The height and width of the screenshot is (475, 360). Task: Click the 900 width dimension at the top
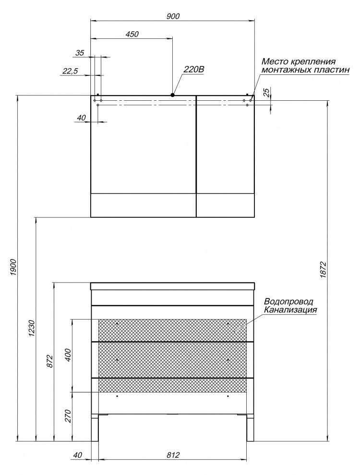tap(173, 16)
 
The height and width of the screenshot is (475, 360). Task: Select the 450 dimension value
tap(132, 34)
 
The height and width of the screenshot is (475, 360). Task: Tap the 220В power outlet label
tap(193, 70)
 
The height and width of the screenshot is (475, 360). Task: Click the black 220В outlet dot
tap(172, 95)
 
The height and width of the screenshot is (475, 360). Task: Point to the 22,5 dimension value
tap(70, 71)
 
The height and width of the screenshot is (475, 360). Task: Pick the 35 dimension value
tap(79, 53)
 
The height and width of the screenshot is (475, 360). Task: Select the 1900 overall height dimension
tap(13, 267)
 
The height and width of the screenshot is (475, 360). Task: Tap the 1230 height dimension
tap(33, 328)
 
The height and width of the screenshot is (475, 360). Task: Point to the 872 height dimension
tap(50, 361)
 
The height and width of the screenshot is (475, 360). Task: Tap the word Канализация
tap(290, 309)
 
